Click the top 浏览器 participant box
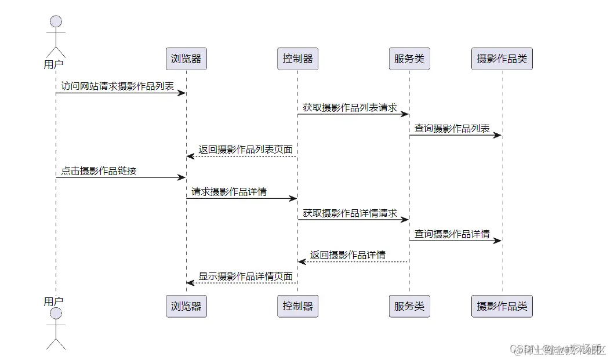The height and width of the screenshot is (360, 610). click(186, 59)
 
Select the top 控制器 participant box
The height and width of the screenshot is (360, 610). click(297, 59)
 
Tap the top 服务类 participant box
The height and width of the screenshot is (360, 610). click(409, 59)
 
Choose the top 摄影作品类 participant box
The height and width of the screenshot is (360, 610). click(502, 59)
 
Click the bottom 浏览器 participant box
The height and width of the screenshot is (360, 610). click(186, 306)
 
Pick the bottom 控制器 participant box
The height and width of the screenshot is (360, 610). click(297, 306)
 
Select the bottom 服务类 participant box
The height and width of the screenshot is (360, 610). click(409, 306)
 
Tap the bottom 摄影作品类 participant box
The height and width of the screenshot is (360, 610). click(502, 306)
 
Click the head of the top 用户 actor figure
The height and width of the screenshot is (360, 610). click(56, 22)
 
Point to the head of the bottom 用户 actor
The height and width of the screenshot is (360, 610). click(56, 314)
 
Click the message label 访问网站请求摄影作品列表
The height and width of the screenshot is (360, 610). click(118, 86)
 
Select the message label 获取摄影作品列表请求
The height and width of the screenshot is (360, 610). click(350, 107)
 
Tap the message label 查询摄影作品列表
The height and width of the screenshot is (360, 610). click(452, 128)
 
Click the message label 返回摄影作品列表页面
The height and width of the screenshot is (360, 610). click(245, 149)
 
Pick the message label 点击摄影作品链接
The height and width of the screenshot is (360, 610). click(99, 170)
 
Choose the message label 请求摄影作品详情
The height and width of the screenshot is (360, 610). click(229, 191)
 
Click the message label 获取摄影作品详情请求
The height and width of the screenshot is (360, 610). click(350, 213)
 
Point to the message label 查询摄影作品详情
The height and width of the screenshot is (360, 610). click(452, 234)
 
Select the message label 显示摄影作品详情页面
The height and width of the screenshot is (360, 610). click(245, 276)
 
